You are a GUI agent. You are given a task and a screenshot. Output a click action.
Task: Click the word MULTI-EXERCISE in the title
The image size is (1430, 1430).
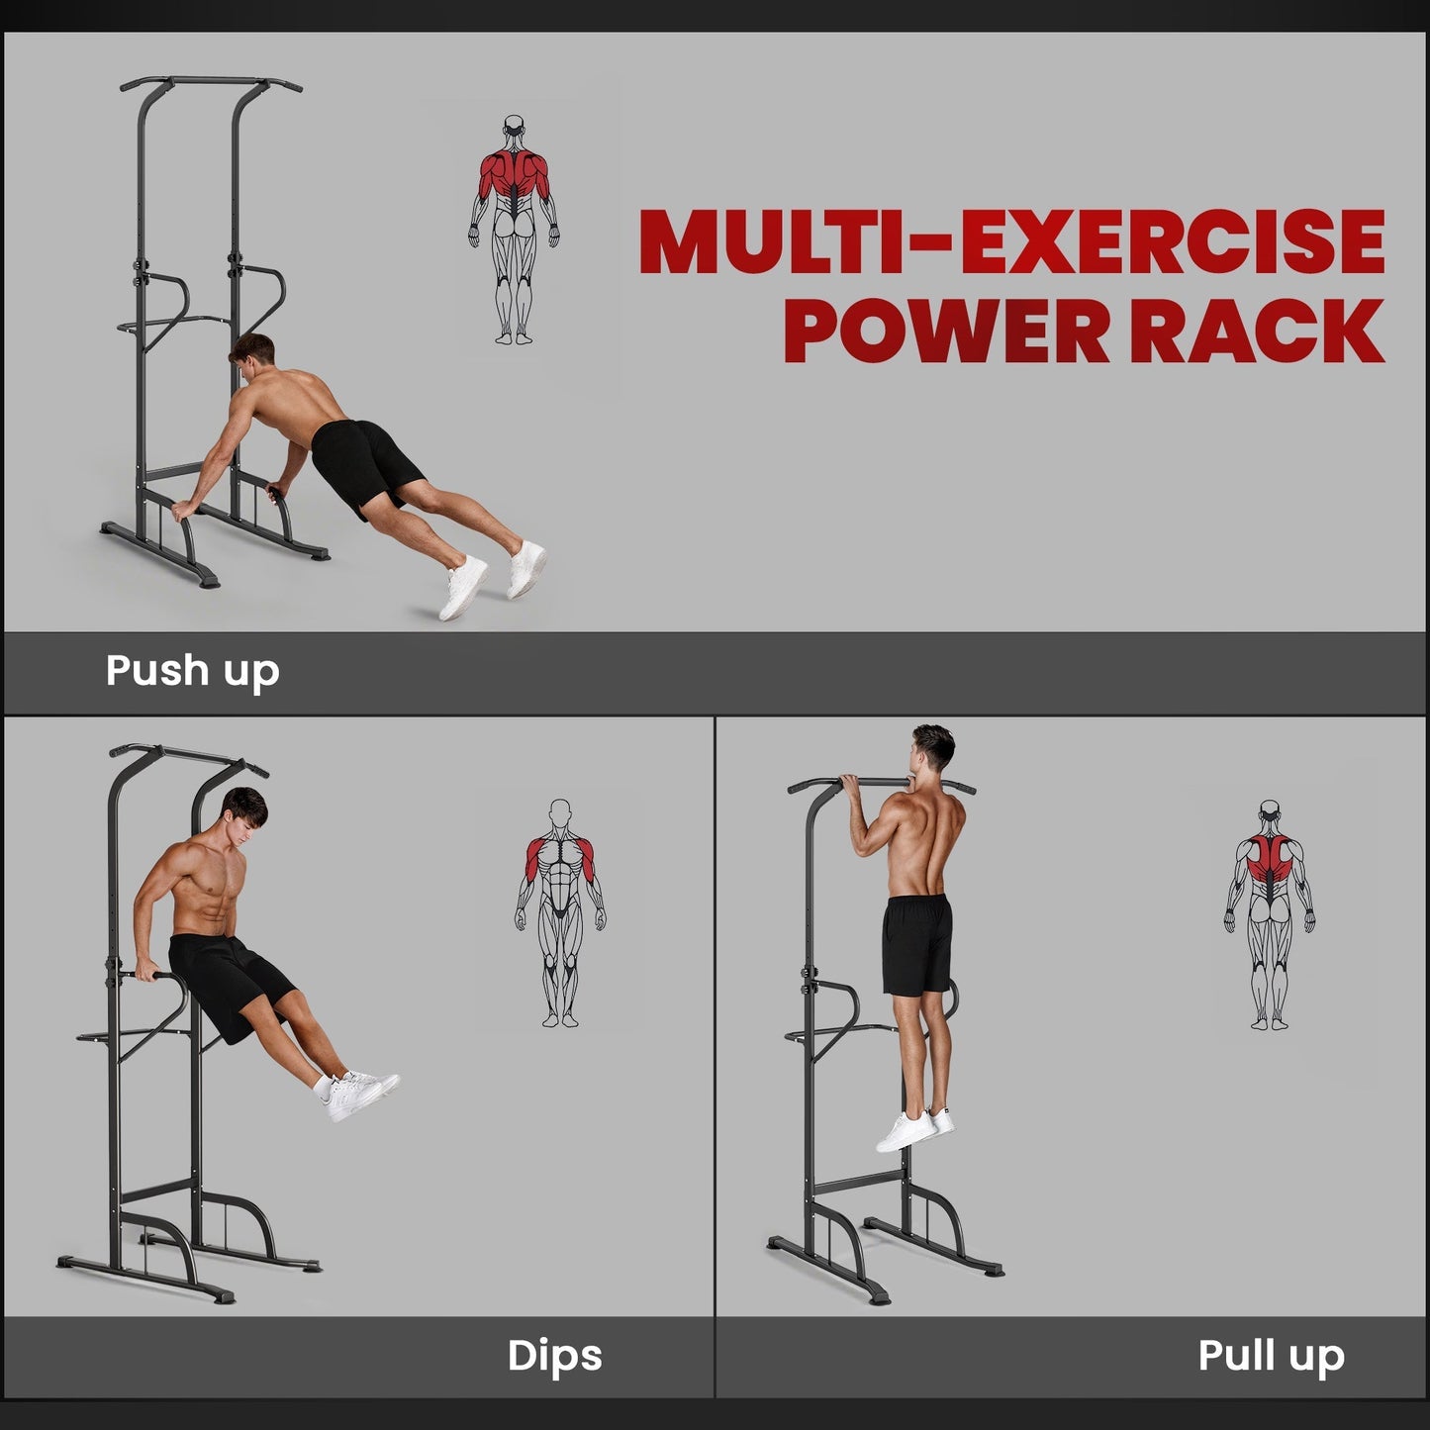(1011, 242)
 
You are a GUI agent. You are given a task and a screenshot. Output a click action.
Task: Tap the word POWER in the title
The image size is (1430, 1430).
(947, 330)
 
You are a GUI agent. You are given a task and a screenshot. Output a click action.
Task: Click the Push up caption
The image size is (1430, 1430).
(192, 671)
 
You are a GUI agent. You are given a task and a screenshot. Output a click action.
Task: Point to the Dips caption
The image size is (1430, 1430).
(554, 1356)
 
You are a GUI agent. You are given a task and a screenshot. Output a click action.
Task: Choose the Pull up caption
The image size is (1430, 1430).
(1271, 1356)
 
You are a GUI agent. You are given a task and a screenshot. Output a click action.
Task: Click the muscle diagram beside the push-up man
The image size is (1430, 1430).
(513, 230)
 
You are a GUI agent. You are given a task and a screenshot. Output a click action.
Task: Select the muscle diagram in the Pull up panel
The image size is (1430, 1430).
(1271, 915)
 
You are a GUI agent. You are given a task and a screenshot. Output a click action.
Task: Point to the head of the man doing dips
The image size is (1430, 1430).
(243, 813)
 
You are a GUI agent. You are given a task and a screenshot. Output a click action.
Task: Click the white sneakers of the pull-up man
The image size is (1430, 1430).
(913, 1129)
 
